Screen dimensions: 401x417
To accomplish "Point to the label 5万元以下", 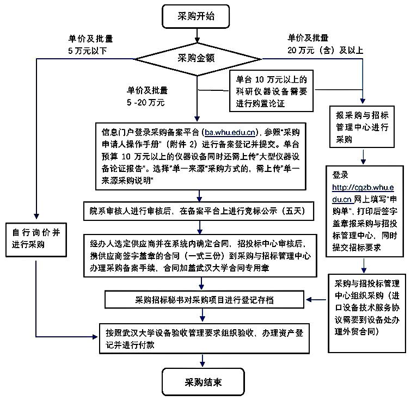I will (x=87, y=50).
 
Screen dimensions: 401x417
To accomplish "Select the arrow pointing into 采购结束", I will (x=203, y=360).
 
